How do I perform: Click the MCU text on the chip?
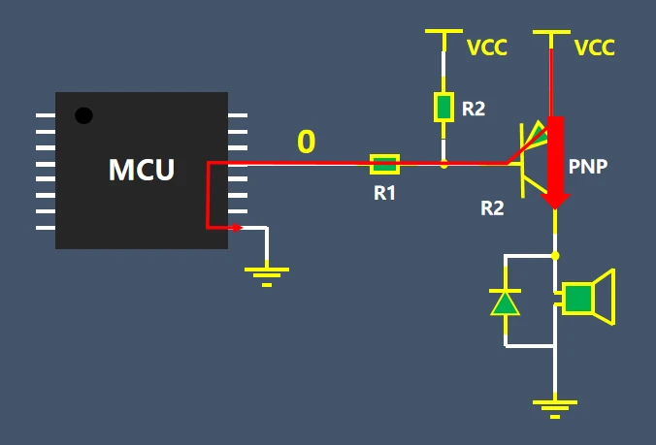pos(142,170)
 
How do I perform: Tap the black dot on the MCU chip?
pos(84,115)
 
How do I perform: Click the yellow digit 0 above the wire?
pos(306,143)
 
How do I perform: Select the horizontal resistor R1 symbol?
pos(385,164)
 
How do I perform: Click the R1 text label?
pos(385,193)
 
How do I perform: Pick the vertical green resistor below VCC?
pos(444,107)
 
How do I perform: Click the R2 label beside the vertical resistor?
pos(473,109)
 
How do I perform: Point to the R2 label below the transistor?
pos(492,207)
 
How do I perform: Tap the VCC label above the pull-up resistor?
pos(486,48)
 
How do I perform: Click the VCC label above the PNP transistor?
pos(594,48)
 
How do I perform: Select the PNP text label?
pos(588,167)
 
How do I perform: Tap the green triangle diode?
pos(505,303)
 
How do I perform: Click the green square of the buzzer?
pos(578,299)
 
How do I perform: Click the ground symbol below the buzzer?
pos(555,407)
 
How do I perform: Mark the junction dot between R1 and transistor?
pos(444,165)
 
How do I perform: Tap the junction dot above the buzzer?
pos(555,256)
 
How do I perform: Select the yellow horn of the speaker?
pos(604,298)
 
